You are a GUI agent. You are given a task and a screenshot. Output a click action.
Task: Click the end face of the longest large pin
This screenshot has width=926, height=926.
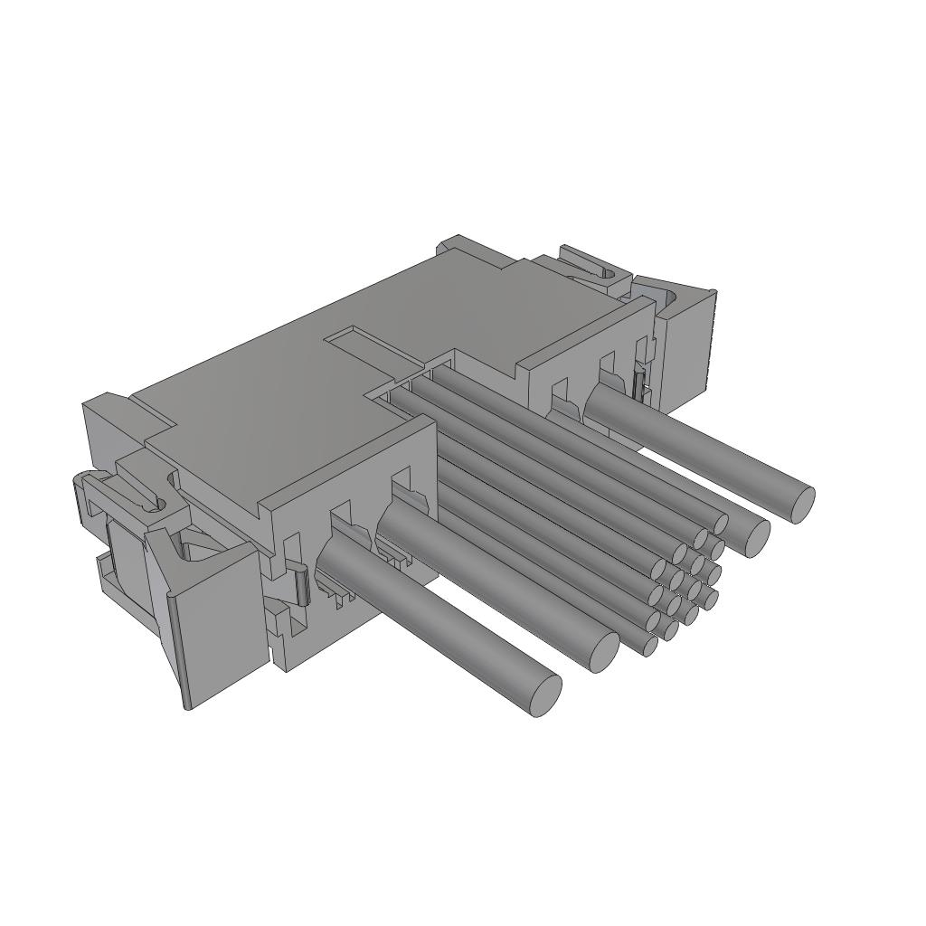click(x=544, y=694)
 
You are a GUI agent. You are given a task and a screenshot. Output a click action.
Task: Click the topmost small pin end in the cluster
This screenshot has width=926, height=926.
click(x=721, y=523)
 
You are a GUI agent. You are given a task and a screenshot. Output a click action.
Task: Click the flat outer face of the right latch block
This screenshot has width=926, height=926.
click(x=689, y=348)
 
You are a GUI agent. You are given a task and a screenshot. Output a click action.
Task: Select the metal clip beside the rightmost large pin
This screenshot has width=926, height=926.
click(x=640, y=384)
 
